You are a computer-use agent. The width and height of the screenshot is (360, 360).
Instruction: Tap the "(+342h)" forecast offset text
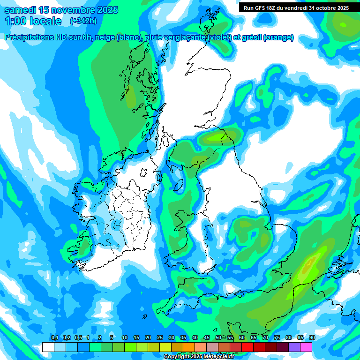coord(83,21)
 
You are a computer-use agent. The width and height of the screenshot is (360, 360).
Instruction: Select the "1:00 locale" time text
coord(33,21)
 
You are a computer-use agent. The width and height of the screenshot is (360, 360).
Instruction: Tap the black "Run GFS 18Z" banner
coord(296,7)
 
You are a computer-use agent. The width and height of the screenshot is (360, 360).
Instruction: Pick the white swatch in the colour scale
coord(48,347)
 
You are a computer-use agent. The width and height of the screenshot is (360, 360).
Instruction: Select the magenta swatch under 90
coord(307,347)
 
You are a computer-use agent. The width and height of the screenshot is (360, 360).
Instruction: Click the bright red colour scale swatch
coord(247,347)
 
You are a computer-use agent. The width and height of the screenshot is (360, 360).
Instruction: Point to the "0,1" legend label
coord(54,338)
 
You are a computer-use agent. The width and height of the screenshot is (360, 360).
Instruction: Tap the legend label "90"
coord(312,338)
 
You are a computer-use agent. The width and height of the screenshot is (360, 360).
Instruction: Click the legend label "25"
coord(160,338)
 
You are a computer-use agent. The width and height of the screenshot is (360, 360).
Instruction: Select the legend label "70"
coord(265,338)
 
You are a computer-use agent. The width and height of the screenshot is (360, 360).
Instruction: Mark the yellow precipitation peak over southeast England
coord(308,266)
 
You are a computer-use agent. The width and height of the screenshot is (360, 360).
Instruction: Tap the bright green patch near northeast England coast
coord(218,137)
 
